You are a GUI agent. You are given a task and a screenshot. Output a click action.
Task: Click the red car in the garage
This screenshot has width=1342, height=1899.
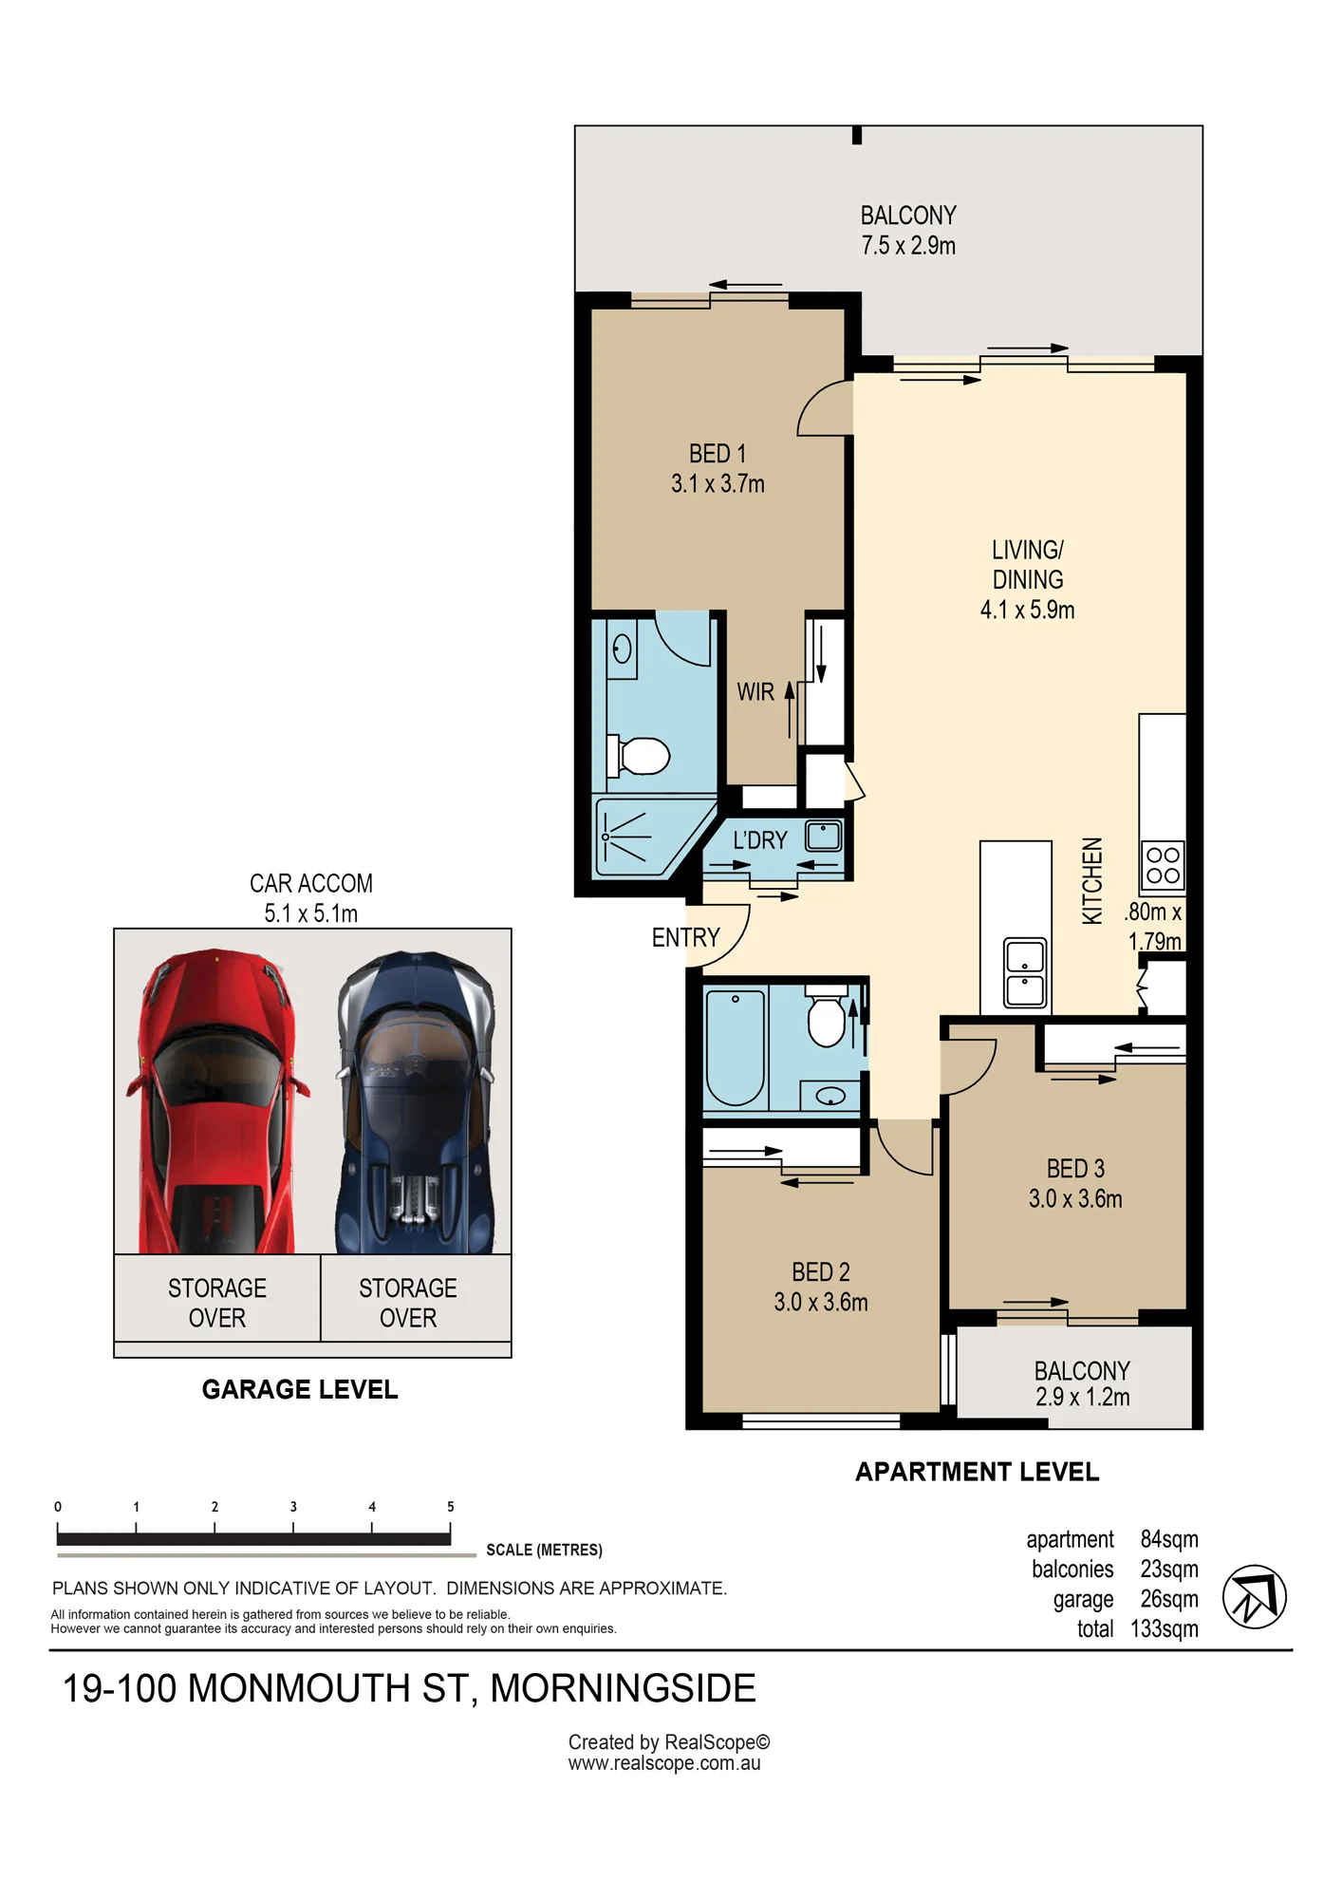tap(217, 1101)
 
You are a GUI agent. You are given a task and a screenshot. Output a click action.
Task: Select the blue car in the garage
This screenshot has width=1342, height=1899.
tap(416, 1101)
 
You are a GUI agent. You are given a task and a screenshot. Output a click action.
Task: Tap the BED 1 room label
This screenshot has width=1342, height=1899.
tap(718, 454)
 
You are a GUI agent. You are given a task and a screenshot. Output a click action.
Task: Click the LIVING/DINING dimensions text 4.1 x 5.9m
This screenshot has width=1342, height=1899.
tap(1027, 610)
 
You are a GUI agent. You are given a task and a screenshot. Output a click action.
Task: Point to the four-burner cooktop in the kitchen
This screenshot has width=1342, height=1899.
tap(1163, 865)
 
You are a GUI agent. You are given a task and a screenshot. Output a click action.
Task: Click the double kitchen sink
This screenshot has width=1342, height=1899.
tap(1025, 972)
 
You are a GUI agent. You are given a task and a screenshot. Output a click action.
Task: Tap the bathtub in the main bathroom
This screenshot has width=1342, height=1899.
tap(736, 1047)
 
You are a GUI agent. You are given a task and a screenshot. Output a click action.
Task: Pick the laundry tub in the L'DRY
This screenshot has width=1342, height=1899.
tap(824, 836)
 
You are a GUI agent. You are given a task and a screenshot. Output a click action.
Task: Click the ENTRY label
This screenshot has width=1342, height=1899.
tap(685, 938)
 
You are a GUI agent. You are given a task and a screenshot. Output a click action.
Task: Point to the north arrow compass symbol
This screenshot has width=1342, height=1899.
tap(1254, 1597)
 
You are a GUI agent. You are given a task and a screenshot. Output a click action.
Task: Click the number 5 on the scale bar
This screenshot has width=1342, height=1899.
tap(451, 1507)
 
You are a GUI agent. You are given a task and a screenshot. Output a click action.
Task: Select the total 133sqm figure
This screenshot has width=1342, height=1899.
tap(1164, 1629)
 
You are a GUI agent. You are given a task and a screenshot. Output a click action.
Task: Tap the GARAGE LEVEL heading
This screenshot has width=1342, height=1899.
tap(300, 1390)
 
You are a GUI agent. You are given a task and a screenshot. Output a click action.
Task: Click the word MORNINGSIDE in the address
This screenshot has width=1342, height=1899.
tap(623, 1688)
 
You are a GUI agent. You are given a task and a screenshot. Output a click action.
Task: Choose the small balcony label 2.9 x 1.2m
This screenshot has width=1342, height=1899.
tap(1082, 1397)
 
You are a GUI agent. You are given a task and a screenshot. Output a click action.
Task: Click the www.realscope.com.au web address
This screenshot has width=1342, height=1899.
tap(664, 1763)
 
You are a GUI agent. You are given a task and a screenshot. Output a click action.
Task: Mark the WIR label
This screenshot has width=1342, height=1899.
tap(755, 692)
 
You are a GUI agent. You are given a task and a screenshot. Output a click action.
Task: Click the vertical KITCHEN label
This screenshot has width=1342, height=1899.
tap(1093, 880)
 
